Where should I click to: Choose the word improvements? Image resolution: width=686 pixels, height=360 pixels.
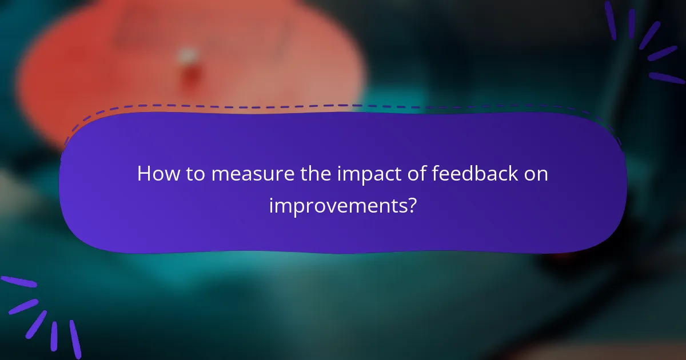click(x=336, y=205)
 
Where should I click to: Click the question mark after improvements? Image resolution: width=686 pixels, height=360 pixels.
click(x=412, y=205)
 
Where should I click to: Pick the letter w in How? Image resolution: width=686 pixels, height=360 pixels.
click(x=168, y=175)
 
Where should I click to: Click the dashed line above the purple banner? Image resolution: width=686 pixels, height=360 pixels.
click(x=343, y=106)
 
